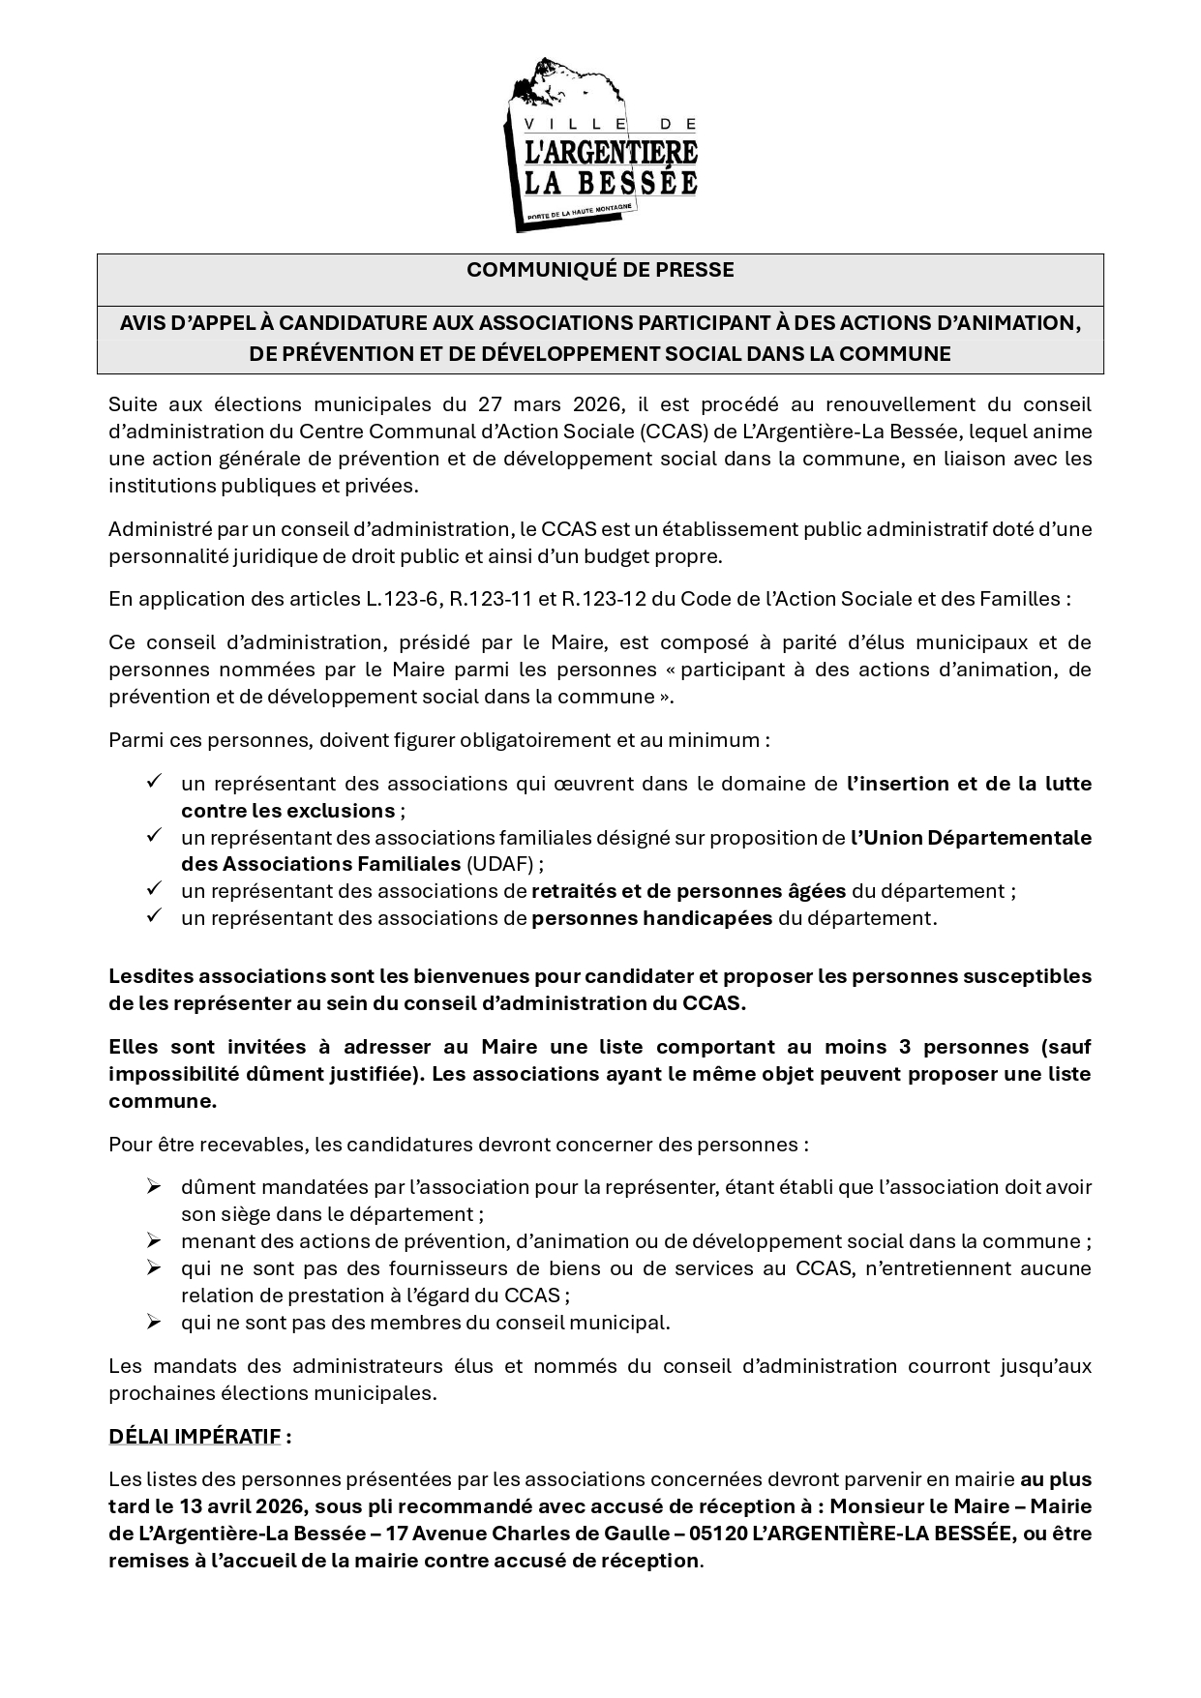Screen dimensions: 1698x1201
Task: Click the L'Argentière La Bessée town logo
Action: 600,145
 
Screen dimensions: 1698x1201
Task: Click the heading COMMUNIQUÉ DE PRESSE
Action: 600,270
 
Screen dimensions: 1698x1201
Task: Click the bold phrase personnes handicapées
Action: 651,918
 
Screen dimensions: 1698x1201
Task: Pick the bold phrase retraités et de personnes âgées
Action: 688,891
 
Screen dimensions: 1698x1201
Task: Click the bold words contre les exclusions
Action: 287,811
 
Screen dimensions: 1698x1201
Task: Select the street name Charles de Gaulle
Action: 567,1534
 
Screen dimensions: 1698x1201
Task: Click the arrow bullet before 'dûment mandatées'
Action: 153,1186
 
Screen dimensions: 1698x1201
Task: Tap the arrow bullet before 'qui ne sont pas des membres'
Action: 153,1322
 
